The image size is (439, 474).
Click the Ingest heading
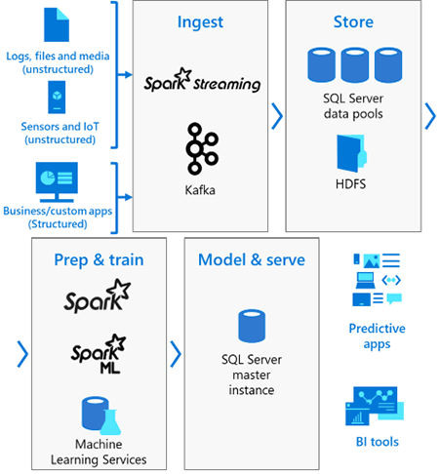pyautogui.click(x=199, y=22)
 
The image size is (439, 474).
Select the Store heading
pyautogui.click(x=352, y=22)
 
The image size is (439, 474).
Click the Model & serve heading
pyautogui.click(x=251, y=259)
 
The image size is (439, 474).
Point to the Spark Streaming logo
pyautogui.click(x=199, y=80)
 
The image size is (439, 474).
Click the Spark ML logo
pyautogui.click(x=98, y=355)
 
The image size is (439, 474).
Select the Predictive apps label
pyautogui.click(x=377, y=336)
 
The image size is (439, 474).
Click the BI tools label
pyautogui.click(x=377, y=442)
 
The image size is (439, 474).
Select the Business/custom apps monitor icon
pyautogui.click(x=58, y=180)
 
